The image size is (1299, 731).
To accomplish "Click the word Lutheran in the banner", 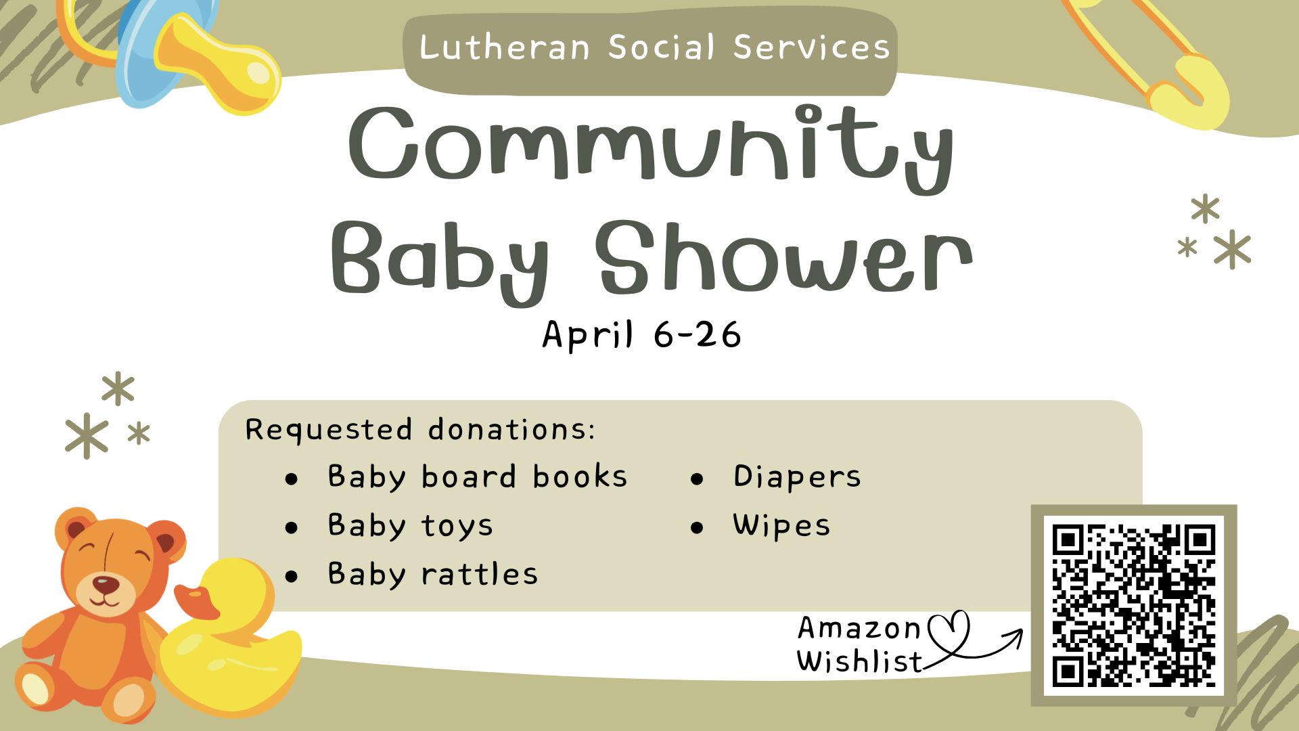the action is click(504, 47).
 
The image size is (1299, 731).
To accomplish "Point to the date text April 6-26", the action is click(641, 334).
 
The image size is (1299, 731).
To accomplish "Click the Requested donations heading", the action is click(420, 430).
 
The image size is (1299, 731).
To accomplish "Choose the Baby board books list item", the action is click(478, 477).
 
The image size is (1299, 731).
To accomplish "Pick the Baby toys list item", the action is click(411, 526).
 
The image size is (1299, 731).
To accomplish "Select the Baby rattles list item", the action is click(433, 574).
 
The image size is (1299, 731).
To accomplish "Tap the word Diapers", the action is click(797, 477).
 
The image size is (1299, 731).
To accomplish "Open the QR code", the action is click(1134, 605).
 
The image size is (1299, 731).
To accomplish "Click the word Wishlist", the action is click(859, 661).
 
